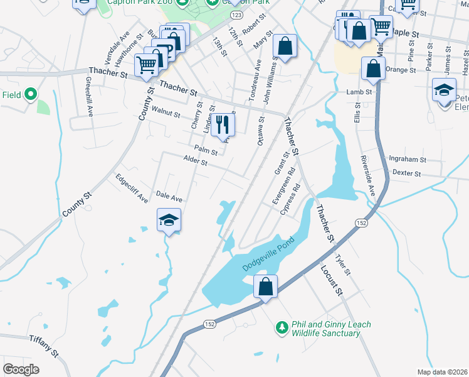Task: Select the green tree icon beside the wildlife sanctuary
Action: tap(282, 327)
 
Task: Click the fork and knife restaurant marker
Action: tap(221, 124)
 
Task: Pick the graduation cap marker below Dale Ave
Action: tap(168, 221)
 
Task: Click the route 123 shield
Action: tap(236, 14)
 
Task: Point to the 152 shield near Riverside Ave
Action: tap(362, 223)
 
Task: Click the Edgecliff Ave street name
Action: tap(132, 188)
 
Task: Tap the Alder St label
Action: tap(195, 161)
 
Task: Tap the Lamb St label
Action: tap(359, 92)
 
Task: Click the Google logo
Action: tap(21, 369)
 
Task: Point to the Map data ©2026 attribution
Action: tap(442, 372)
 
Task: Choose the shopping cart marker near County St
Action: tap(146, 63)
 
